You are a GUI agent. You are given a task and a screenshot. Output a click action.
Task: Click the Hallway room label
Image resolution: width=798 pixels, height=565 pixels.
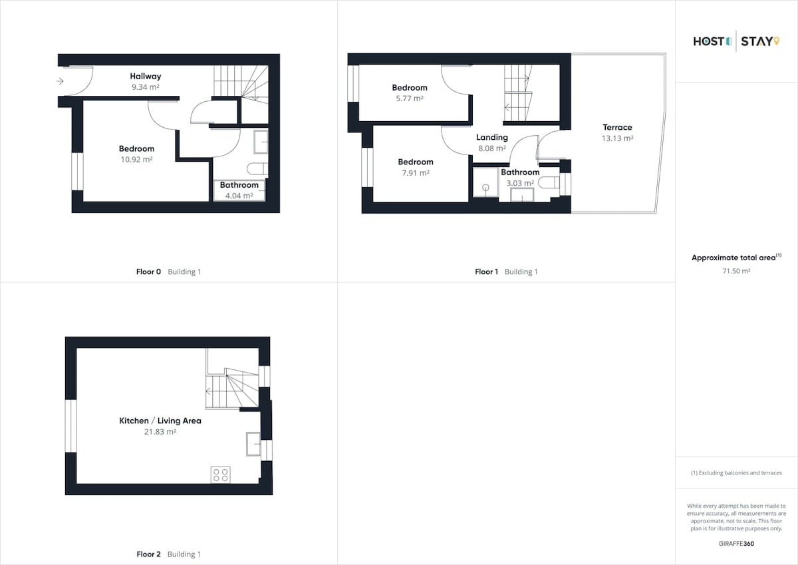[x=146, y=77]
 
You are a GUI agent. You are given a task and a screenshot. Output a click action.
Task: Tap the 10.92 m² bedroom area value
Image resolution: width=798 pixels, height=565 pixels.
[x=136, y=159]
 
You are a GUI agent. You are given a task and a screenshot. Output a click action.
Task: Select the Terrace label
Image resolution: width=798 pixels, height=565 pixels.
[x=617, y=127]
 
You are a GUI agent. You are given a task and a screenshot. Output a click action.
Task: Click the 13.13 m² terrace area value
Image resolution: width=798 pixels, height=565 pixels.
[x=617, y=138]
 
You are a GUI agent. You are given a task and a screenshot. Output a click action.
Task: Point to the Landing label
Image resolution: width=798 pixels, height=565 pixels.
[x=492, y=138]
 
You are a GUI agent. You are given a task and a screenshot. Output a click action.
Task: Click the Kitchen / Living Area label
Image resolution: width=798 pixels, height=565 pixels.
[x=160, y=421]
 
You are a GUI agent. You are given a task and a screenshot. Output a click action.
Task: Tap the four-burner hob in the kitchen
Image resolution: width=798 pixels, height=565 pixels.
[x=221, y=475]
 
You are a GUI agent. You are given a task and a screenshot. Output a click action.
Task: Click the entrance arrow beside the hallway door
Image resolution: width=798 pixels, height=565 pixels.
[x=60, y=81]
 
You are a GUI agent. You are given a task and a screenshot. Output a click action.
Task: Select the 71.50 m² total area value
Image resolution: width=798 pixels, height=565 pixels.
[x=736, y=271]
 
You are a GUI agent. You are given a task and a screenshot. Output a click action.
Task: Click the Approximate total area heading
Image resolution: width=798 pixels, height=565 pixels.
[x=736, y=258]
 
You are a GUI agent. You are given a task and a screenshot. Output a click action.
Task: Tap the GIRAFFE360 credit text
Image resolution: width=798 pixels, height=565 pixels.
[x=736, y=544]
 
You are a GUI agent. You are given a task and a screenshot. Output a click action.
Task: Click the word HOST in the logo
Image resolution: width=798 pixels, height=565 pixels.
[x=709, y=42]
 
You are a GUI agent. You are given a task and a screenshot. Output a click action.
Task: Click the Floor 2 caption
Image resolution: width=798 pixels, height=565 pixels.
[x=148, y=554]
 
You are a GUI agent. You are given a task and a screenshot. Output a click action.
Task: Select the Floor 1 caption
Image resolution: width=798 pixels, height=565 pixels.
[x=486, y=272]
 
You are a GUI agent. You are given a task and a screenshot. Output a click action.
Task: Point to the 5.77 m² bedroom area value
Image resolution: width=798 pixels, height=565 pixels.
[x=410, y=98]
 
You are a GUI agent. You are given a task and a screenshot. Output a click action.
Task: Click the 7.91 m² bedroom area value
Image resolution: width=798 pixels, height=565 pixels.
[x=416, y=173]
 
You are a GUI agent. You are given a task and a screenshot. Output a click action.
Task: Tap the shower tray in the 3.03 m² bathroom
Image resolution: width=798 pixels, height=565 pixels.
[x=485, y=182]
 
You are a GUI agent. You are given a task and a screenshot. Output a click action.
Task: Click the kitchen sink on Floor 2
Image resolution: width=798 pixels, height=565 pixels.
[x=253, y=444]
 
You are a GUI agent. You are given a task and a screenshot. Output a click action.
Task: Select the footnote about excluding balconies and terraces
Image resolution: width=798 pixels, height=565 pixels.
[x=736, y=473]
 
